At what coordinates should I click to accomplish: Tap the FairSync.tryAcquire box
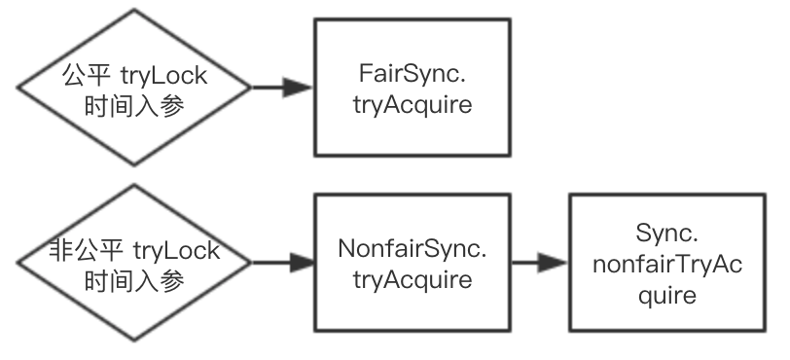[412, 88]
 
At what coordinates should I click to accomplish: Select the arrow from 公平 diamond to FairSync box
[282, 88]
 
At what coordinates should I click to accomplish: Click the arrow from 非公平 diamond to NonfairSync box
[282, 264]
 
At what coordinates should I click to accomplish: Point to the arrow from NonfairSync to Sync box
[539, 264]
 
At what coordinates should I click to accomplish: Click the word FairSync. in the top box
[412, 72]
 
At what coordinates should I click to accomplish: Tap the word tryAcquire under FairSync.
[412, 104]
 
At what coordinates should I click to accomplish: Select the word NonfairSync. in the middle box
[412, 248]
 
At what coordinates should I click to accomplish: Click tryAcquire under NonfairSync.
[412, 280]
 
